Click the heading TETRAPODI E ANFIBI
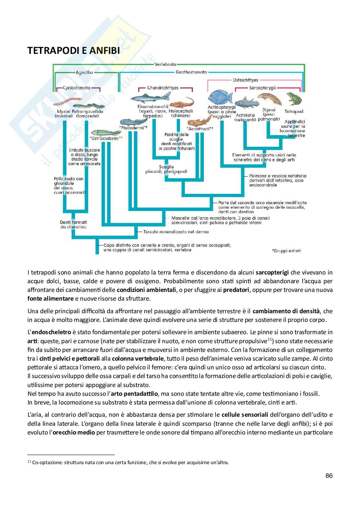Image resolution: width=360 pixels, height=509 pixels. tap(74, 51)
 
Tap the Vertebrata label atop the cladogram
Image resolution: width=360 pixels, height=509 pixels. tap(165, 64)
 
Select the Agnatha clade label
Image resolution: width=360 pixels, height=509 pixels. tap(84, 72)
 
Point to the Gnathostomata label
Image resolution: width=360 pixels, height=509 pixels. tap(191, 72)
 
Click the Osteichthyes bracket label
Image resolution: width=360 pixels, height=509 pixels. tap(245, 80)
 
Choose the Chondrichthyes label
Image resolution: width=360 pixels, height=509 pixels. tap(163, 88)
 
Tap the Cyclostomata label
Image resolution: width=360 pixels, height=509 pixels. tap(76, 88)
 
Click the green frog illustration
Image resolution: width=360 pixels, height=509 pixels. tap(294, 98)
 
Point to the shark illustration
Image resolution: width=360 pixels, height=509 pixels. tap(151, 96)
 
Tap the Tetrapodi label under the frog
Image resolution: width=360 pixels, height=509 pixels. tap(294, 111)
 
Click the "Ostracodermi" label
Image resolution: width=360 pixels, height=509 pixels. tap(106, 138)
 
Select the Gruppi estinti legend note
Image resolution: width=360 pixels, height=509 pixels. tap(286, 251)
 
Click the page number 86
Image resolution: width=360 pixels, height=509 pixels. tap(329, 475)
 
